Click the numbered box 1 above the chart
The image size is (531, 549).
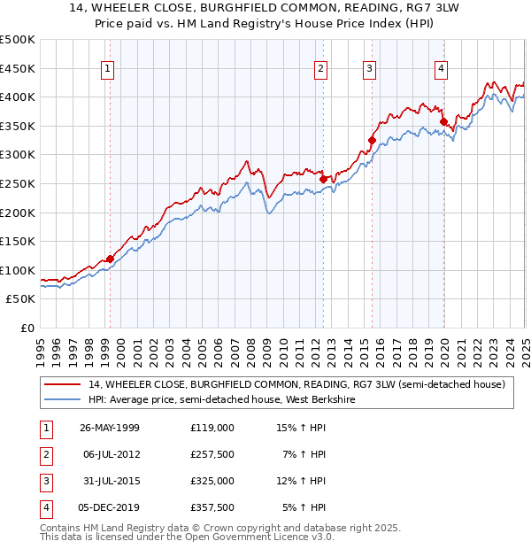coord(107,68)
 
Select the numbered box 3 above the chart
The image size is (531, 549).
coord(369,68)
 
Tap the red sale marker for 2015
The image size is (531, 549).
coord(373,139)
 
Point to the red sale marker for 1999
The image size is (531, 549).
coord(111,259)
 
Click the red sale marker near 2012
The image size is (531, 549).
coord(323,179)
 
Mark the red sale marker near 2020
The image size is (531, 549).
coord(443,121)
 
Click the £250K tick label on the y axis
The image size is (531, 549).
coord(18,183)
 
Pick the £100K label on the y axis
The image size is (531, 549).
coord(18,270)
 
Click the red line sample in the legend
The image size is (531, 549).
coord(63,384)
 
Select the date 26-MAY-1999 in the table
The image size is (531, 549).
coord(110,428)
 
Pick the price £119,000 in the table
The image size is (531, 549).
coord(212,428)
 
